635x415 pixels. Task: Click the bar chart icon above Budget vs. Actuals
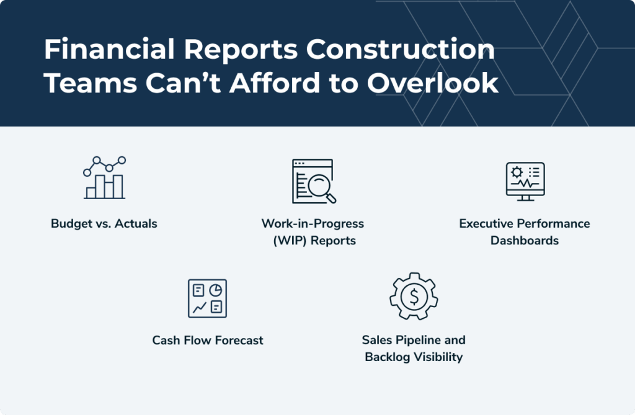click(104, 179)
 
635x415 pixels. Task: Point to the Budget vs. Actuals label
click(104, 223)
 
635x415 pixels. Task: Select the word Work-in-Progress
click(313, 223)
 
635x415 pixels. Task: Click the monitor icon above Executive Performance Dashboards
click(525, 181)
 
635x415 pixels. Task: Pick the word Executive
click(487, 223)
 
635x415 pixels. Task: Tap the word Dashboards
click(525, 240)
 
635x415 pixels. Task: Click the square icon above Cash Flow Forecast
click(207, 298)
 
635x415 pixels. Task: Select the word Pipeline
click(418, 340)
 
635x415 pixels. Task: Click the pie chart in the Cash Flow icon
click(215, 290)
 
